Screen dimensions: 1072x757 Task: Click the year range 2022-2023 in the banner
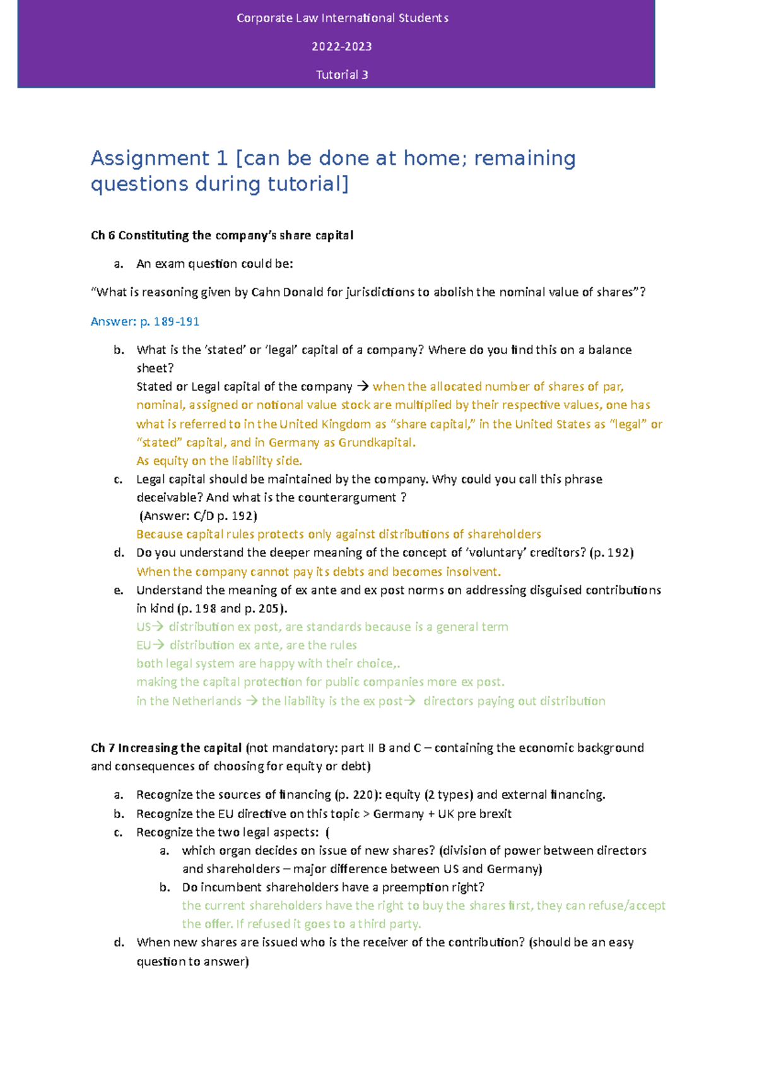[x=342, y=47]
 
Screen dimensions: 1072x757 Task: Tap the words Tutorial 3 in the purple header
[x=342, y=74]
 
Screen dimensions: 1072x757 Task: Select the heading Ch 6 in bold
[x=103, y=235]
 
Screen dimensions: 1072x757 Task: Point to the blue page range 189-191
[x=177, y=321]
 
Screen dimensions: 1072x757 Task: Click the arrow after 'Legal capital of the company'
[x=362, y=386]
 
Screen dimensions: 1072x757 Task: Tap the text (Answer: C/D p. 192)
[x=197, y=516]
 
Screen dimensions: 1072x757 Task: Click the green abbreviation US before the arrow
[x=144, y=627]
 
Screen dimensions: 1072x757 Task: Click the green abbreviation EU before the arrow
[x=144, y=645]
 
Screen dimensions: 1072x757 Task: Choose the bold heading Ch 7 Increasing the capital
[x=167, y=748]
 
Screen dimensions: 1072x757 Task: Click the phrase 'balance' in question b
[x=609, y=350]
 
